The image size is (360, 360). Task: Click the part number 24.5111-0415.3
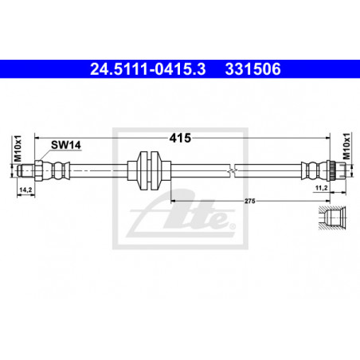pyautogui.click(x=148, y=69)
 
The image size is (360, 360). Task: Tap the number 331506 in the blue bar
pyautogui.click(x=252, y=69)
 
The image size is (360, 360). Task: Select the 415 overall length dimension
pyautogui.click(x=180, y=138)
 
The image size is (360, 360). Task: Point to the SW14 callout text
pyautogui.click(x=66, y=145)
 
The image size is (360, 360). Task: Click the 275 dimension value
pyautogui.click(x=250, y=201)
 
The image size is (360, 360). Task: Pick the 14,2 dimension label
pyautogui.click(x=25, y=190)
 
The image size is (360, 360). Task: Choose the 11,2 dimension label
pyautogui.click(x=321, y=188)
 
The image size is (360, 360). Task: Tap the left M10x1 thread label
pyautogui.click(x=18, y=149)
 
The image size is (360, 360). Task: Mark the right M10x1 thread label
pyautogui.click(x=346, y=147)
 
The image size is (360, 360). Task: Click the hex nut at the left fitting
pyautogui.click(x=38, y=170)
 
